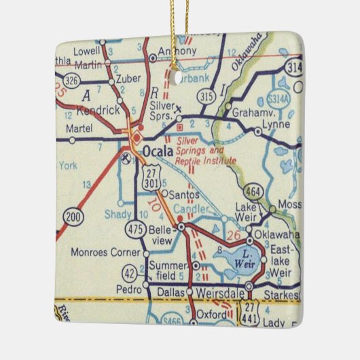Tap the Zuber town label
[x=127, y=79]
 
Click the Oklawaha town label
[x=277, y=235]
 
